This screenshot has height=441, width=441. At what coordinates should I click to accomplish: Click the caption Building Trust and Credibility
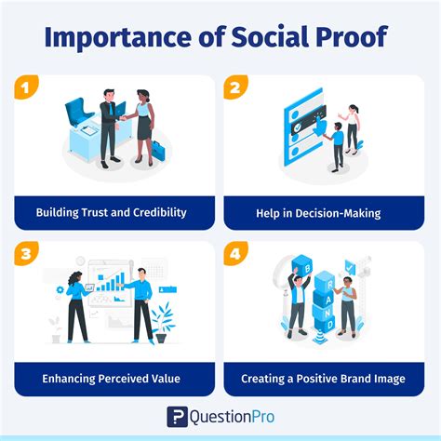(112, 212)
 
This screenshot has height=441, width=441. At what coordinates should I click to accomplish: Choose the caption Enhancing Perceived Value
(112, 379)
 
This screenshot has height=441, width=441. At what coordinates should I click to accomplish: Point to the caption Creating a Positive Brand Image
(322, 379)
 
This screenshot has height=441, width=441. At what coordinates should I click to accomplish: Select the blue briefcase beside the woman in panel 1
(159, 149)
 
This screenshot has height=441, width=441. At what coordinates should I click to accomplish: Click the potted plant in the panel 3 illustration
(164, 321)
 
